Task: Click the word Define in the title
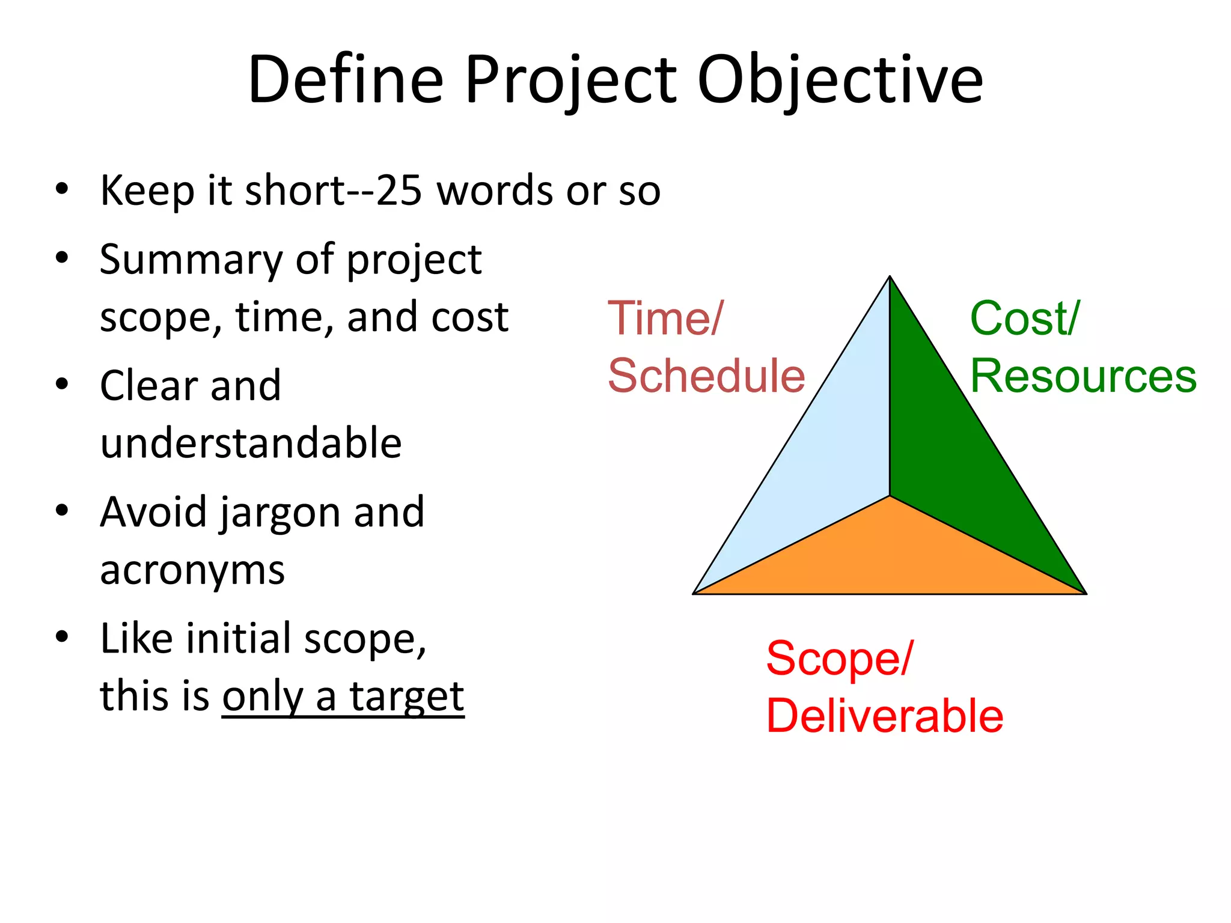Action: tap(346, 80)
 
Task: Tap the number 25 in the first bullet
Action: tap(399, 190)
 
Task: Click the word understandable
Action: tap(251, 443)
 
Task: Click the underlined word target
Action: tap(407, 696)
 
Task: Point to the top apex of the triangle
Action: tap(890, 277)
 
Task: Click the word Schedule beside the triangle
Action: tap(706, 376)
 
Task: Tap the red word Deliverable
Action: tap(885, 716)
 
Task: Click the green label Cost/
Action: tap(1025, 318)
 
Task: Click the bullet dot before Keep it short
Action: tap(62, 189)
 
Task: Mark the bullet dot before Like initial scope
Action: tap(62, 636)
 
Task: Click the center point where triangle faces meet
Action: tap(890, 496)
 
